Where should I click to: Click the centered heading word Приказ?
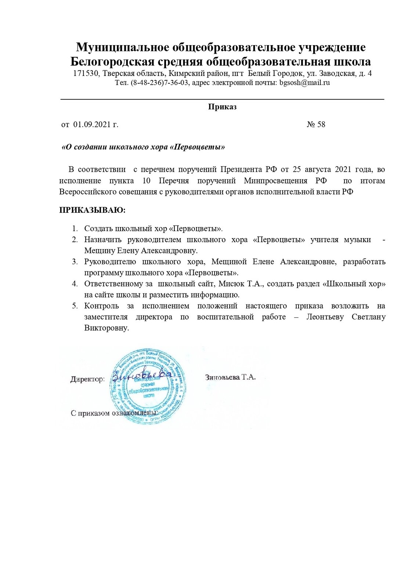pos(222,107)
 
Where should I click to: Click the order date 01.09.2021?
pos(92,124)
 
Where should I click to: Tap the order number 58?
pos(321,124)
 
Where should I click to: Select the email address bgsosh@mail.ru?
pos(304,83)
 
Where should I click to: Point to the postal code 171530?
pos(86,73)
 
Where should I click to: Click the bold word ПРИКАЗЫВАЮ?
pos(92,210)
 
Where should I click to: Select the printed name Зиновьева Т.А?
pos(230,377)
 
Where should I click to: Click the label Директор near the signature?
pos(87,379)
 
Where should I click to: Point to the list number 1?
pos(75,229)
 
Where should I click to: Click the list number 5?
pos(75,306)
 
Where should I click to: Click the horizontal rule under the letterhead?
pos(222,99)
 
